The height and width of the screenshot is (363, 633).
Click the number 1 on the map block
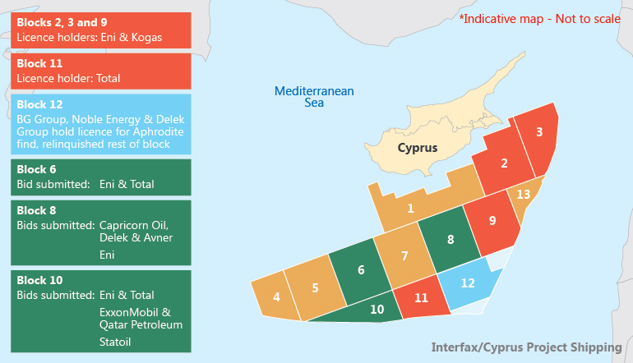click(410, 208)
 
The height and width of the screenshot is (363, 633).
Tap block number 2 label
click(504, 163)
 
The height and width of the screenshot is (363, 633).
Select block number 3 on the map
click(538, 131)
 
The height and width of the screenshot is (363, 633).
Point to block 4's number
click(276, 296)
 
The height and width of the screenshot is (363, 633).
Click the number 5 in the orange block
click(315, 288)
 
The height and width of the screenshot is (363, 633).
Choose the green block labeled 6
click(361, 269)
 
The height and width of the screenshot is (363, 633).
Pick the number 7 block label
click(404, 255)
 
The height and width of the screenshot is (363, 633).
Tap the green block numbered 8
click(450, 240)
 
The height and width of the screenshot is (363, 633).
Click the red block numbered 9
click(492, 220)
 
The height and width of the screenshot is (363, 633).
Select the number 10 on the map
click(377, 310)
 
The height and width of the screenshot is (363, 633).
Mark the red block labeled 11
click(421, 298)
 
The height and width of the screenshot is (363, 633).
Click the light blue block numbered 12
click(468, 283)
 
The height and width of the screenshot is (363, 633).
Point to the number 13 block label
click(523, 194)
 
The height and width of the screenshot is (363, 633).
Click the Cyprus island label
click(417, 149)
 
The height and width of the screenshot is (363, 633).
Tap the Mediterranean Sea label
click(314, 97)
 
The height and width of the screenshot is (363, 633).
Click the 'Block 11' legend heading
click(39, 63)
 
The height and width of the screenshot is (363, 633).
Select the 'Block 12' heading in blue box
click(39, 104)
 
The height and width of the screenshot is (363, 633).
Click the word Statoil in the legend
click(116, 341)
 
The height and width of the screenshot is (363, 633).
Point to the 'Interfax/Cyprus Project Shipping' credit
click(526, 347)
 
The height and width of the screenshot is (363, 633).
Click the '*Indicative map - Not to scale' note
click(540, 17)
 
